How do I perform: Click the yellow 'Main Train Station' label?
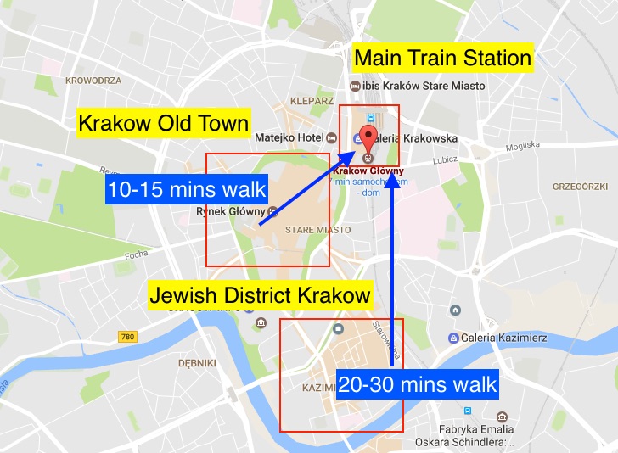442,59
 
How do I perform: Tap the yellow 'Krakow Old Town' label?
164,123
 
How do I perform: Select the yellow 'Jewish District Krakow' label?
260,296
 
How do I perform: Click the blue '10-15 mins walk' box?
188,189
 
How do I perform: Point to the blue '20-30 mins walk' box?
417,384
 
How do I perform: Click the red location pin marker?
368,141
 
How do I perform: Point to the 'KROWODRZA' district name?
93,81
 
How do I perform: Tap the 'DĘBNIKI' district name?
198,362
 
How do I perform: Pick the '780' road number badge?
127,337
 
